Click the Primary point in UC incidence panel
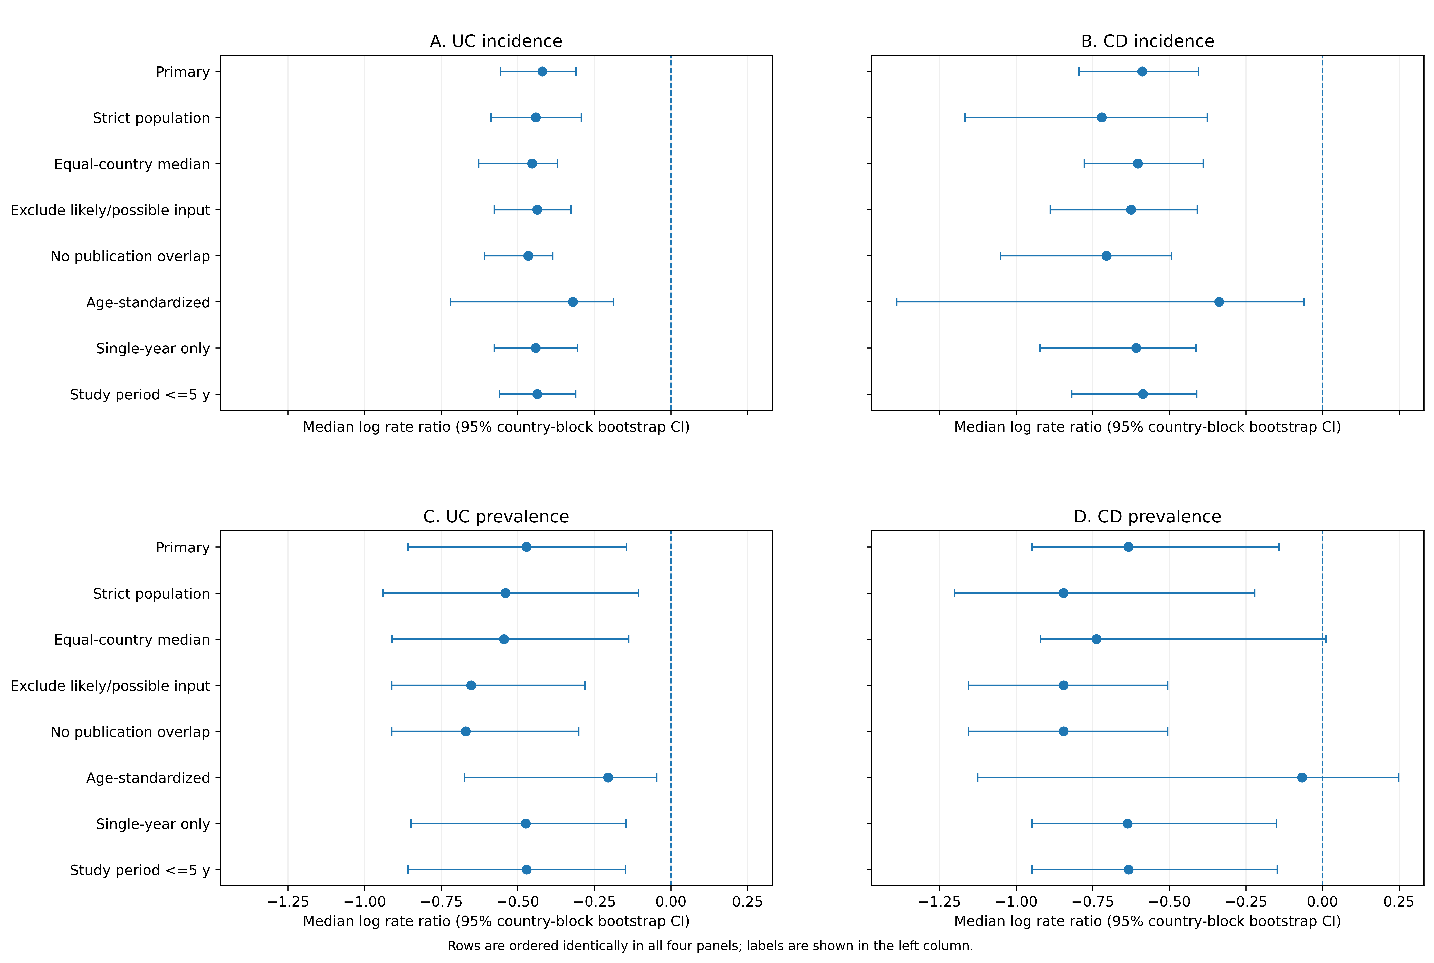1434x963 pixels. pos(542,72)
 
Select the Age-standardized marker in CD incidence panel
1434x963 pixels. pos(1219,302)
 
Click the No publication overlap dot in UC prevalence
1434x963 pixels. pos(465,731)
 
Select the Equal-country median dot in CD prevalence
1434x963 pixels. pos(1096,639)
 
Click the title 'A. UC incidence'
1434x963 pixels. pos(496,41)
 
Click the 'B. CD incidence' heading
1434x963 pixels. pos(1147,41)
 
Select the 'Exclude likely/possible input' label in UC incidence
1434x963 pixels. pos(111,210)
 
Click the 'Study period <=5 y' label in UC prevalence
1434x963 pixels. pos(140,870)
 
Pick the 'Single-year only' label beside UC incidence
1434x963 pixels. pos(153,348)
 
